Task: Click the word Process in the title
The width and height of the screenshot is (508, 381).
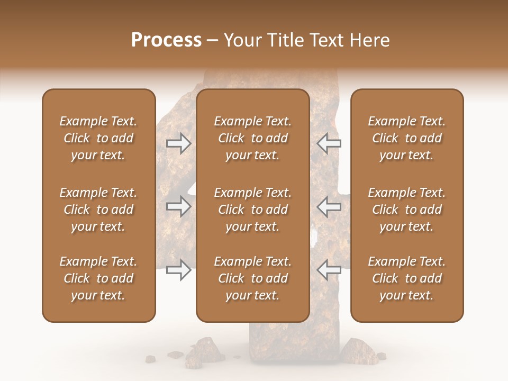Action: point(166,40)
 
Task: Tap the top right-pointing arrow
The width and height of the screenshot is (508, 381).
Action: point(178,143)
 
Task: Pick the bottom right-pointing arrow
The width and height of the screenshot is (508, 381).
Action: point(178,269)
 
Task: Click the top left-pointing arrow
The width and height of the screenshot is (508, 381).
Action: point(329,143)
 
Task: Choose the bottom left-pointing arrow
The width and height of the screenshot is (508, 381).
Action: point(329,269)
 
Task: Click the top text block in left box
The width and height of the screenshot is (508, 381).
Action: point(98,138)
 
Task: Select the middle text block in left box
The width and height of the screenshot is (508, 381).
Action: point(98,210)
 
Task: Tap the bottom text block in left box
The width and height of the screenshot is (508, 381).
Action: point(98,278)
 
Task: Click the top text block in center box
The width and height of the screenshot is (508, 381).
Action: point(252,138)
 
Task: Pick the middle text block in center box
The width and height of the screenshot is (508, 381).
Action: point(252,210)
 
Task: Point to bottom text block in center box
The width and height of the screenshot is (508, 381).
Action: point(252,278)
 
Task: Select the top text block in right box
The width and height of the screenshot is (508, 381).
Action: point(406,138)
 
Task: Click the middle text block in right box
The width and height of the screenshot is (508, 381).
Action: point(406,210)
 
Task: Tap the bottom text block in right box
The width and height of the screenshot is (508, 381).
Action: point(406,278)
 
